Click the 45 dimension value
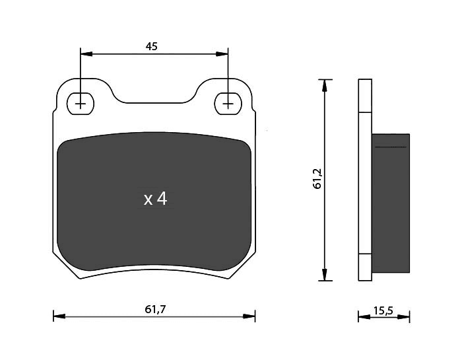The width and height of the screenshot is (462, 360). (x=152, y=46)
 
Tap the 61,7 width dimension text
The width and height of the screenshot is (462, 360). (x=155, y=309)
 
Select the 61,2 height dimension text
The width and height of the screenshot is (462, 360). (x=318, y=179)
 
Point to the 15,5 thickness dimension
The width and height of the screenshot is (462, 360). (x=383, y=310)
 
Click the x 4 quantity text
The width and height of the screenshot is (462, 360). (x=156, y=199)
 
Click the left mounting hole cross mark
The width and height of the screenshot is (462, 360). (x=80, y=104)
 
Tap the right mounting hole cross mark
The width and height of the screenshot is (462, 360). (x=228, y=104)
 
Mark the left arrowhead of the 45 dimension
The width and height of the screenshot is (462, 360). (x=86, y=54)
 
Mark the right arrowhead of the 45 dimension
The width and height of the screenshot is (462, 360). (x=222, y=54)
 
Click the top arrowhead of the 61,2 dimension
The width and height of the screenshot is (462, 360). (x=325, y=85)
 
